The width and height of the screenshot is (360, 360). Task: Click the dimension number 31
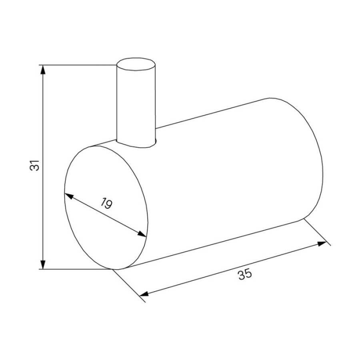[x=35, y=165]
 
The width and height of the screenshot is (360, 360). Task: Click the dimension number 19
[x=106, y=203]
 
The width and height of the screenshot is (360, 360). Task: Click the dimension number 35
[x=245, y=274]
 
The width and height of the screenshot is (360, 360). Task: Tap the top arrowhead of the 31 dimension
[x=43, y=70]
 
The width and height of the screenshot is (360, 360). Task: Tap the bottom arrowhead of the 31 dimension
[x=43, y=264]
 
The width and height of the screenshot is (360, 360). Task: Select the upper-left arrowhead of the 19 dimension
[x=69, y=196]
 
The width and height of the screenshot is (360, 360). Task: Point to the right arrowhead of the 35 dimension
[x=322, y=244]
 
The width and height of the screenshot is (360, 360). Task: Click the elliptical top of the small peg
[x=136, y=64]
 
